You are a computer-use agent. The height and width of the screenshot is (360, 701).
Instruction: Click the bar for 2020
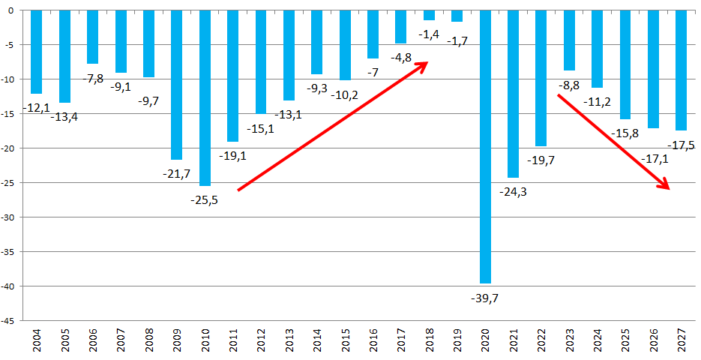(x=485, y=146)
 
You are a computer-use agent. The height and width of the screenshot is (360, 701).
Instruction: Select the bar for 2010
(x=205, y=97)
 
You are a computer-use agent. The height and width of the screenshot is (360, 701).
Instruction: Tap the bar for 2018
(x=429, y=15)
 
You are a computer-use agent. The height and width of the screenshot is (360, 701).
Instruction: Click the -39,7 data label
(x=485, y=298)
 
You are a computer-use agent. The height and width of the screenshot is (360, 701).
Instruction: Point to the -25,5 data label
(x=205, y=200)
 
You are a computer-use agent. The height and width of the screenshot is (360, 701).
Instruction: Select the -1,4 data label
(x=430, y=34)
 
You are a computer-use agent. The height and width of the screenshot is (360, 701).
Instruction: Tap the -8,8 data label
(x=569, y=85)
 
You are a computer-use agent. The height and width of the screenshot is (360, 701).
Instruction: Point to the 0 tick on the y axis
(x=15, y=10)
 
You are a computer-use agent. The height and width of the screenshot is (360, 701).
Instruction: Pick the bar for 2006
(x=92, y=37)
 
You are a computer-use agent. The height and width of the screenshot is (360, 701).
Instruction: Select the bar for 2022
(x=541, y=78)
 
